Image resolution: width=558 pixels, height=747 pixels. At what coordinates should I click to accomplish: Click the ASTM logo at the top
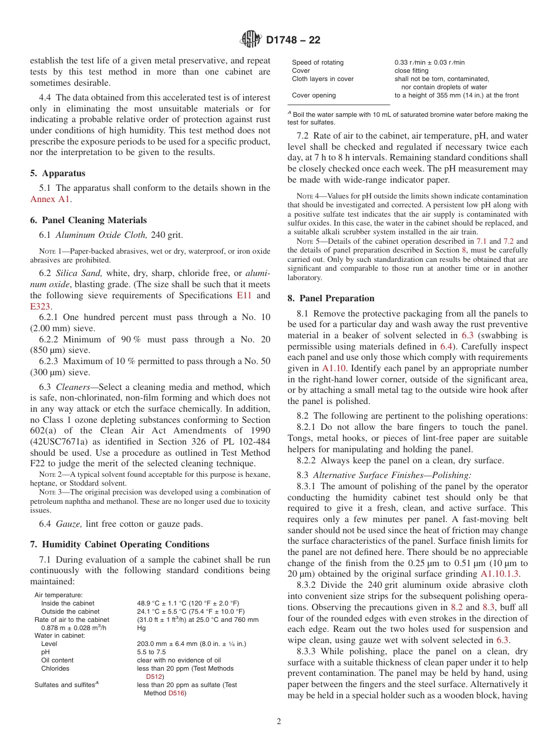click(251, 40)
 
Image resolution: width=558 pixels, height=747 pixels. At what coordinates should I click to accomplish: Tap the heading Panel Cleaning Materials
click(94, 220)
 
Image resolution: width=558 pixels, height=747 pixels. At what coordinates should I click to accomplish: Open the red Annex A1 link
click(50, 199)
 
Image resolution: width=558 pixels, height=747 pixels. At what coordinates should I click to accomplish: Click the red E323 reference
click(41, 306)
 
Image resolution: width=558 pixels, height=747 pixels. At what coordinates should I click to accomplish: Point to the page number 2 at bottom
click(279, 722)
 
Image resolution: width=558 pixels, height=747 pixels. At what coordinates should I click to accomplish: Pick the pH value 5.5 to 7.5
click(152, 652)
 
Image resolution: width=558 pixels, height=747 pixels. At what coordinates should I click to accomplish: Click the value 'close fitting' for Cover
click(411, 70)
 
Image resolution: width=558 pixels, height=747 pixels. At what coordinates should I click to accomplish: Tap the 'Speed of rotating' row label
click(318, 62)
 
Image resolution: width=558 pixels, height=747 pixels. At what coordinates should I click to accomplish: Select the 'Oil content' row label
click(57, 660)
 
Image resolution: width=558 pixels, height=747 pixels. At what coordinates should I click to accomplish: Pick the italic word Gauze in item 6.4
click(68, 524)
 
